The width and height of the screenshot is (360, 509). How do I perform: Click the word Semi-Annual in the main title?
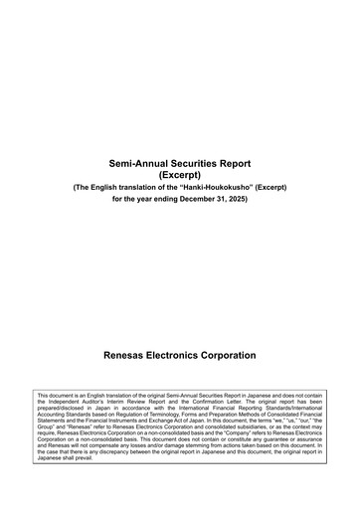[x=142, y=162]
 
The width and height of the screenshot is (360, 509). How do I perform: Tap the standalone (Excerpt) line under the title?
[x=180, y=174]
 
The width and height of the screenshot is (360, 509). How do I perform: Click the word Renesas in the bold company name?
[x=126, y=355]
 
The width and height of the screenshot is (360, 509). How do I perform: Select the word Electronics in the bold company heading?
[x=184, y=355]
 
